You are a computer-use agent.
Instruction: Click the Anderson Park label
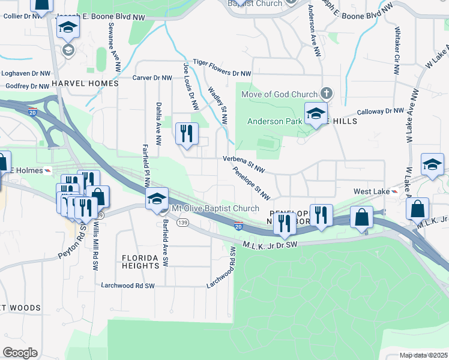click(x=274, y=121)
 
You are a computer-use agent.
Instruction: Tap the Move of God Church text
click(x=279, y=94)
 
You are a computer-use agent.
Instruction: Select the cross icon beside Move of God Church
click(x=326, y=94)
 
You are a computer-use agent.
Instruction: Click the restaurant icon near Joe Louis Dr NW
click(x=187, y=133)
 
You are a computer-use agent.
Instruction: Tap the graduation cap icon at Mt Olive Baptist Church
click(x=157, y=199)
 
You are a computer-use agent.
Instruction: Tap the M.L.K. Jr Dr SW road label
click(x=271, y=244)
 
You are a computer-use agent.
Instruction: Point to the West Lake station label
click(x=370, y=191)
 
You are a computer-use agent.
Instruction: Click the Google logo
click(x=20, y=353)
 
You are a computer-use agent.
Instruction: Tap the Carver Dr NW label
click(x=152, y=78)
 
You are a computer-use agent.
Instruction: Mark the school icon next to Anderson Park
click(x=315, y=113)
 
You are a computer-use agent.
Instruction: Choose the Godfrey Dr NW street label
click(x=26, y=86)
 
